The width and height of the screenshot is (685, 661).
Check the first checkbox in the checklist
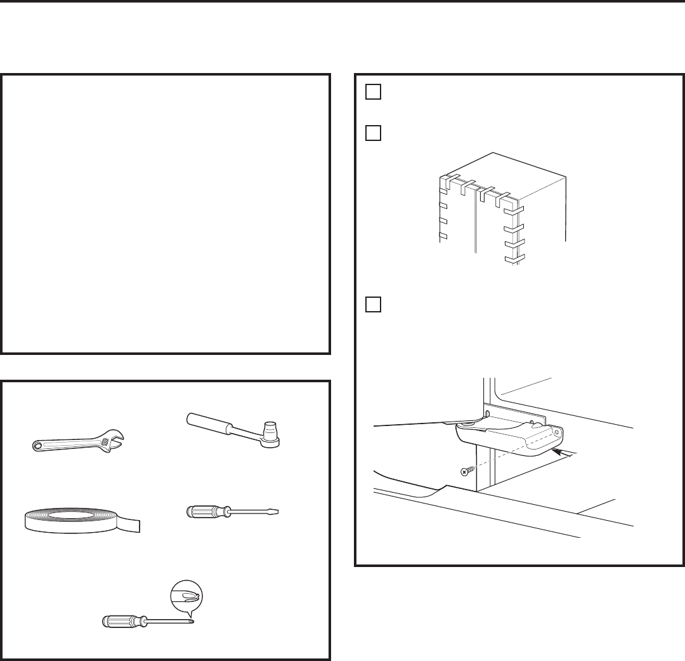[x=372, y=92]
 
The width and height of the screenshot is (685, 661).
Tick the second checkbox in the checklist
[x=372, y=134]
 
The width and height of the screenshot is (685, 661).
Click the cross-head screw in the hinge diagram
[x=464, y=472]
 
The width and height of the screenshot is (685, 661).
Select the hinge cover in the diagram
[x=507, y=439]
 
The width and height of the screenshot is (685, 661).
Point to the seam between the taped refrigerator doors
[x=475, y=222]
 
